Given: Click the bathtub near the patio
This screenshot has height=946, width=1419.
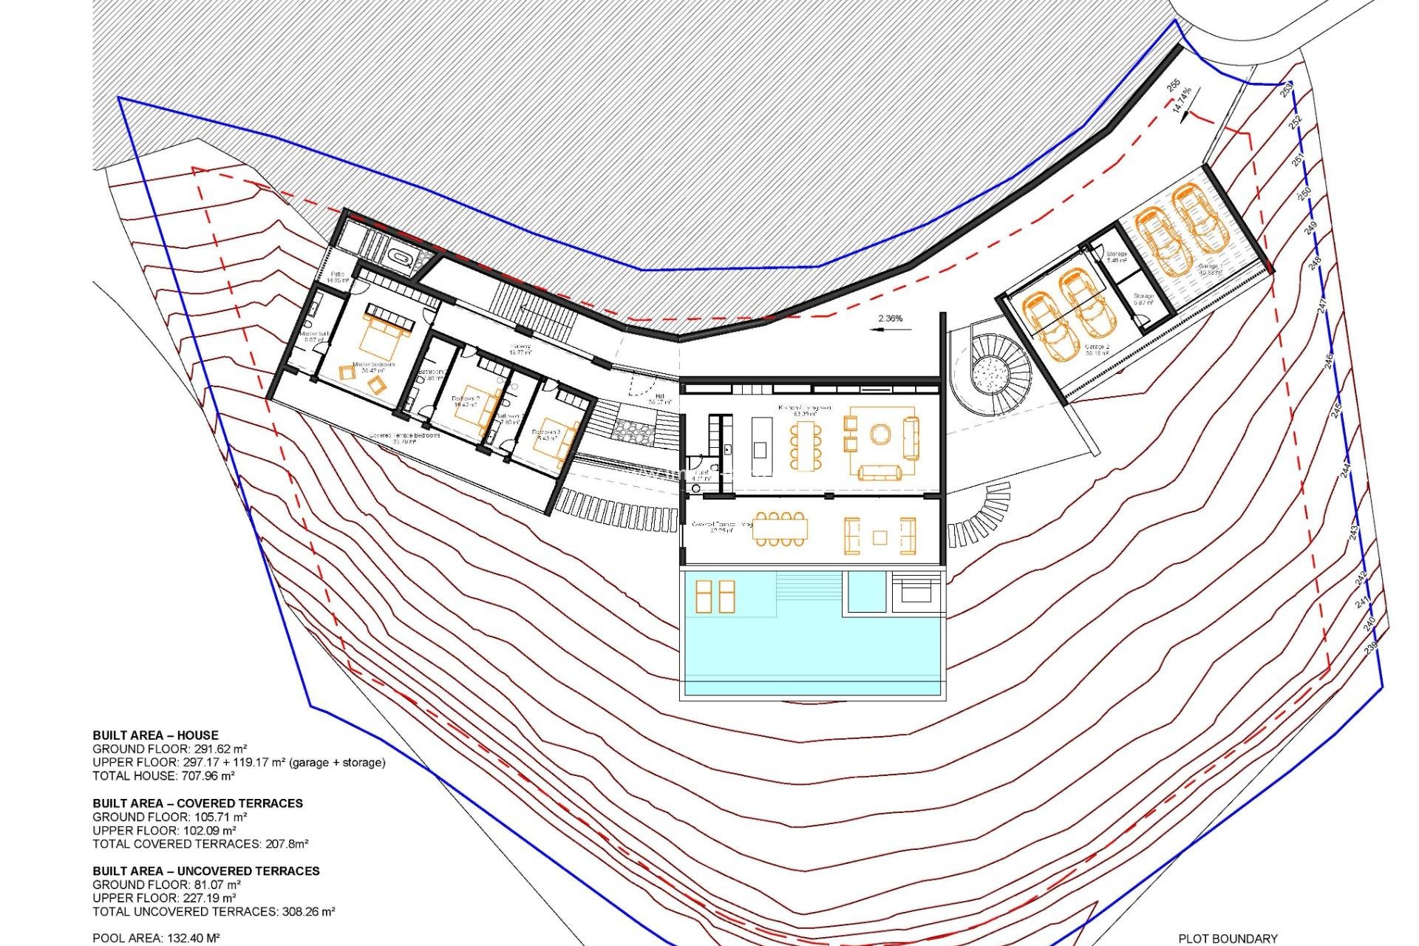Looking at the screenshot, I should [x=401, y=258].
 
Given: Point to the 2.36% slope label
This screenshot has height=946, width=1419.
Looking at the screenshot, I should [x=890, y=319].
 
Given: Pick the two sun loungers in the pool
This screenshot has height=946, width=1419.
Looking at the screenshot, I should [x=715, y=596].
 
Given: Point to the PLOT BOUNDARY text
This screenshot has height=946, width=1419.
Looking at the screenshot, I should [x=1228, y=938].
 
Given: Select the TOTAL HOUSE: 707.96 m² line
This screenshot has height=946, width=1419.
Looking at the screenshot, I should [x=163, y=775].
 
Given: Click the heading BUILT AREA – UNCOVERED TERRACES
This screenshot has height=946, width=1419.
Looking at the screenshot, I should [x=206, y=871].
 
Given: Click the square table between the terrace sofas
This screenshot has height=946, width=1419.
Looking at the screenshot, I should [x=879, y=537].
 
